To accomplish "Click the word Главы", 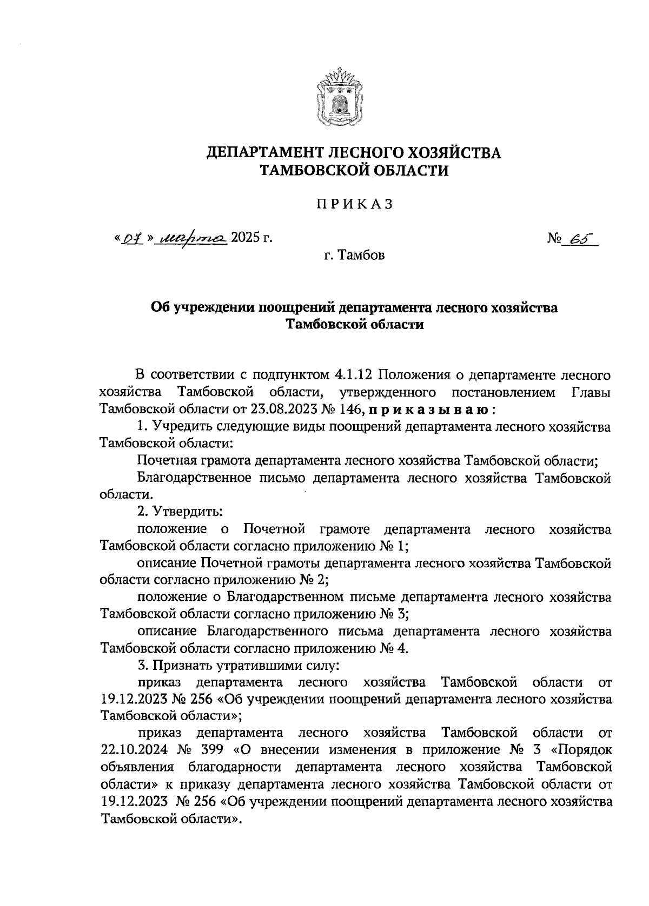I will [x=591, y=392].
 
